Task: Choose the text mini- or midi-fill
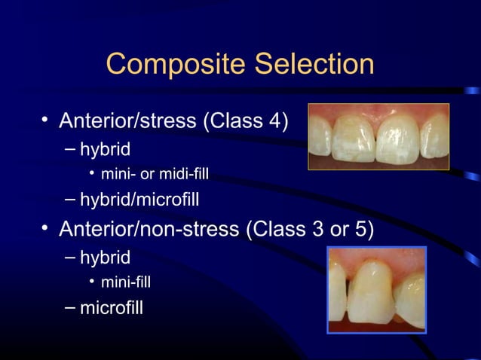(155, 175)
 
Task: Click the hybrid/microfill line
(136, 200)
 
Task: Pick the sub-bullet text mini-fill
(127, 282)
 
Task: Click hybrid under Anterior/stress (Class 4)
(105, 148)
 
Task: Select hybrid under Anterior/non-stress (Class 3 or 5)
(105, 257)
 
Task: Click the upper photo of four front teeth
(378, 136)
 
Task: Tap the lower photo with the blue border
(376, 289)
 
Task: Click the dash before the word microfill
(69, 307)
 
